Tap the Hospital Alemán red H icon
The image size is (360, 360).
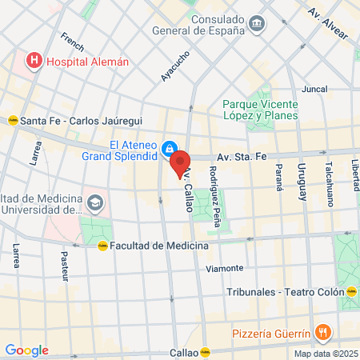34,60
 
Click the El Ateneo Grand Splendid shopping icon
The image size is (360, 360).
170,148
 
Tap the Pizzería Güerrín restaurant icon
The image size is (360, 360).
322,332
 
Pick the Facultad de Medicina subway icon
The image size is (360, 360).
102,246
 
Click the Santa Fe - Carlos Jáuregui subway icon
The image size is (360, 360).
12,121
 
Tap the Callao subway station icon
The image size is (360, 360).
205,351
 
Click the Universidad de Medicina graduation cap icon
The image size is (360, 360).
96,203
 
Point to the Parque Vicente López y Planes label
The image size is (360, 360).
260,110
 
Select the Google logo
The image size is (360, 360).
26,350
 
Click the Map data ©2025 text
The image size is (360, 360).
325,354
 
